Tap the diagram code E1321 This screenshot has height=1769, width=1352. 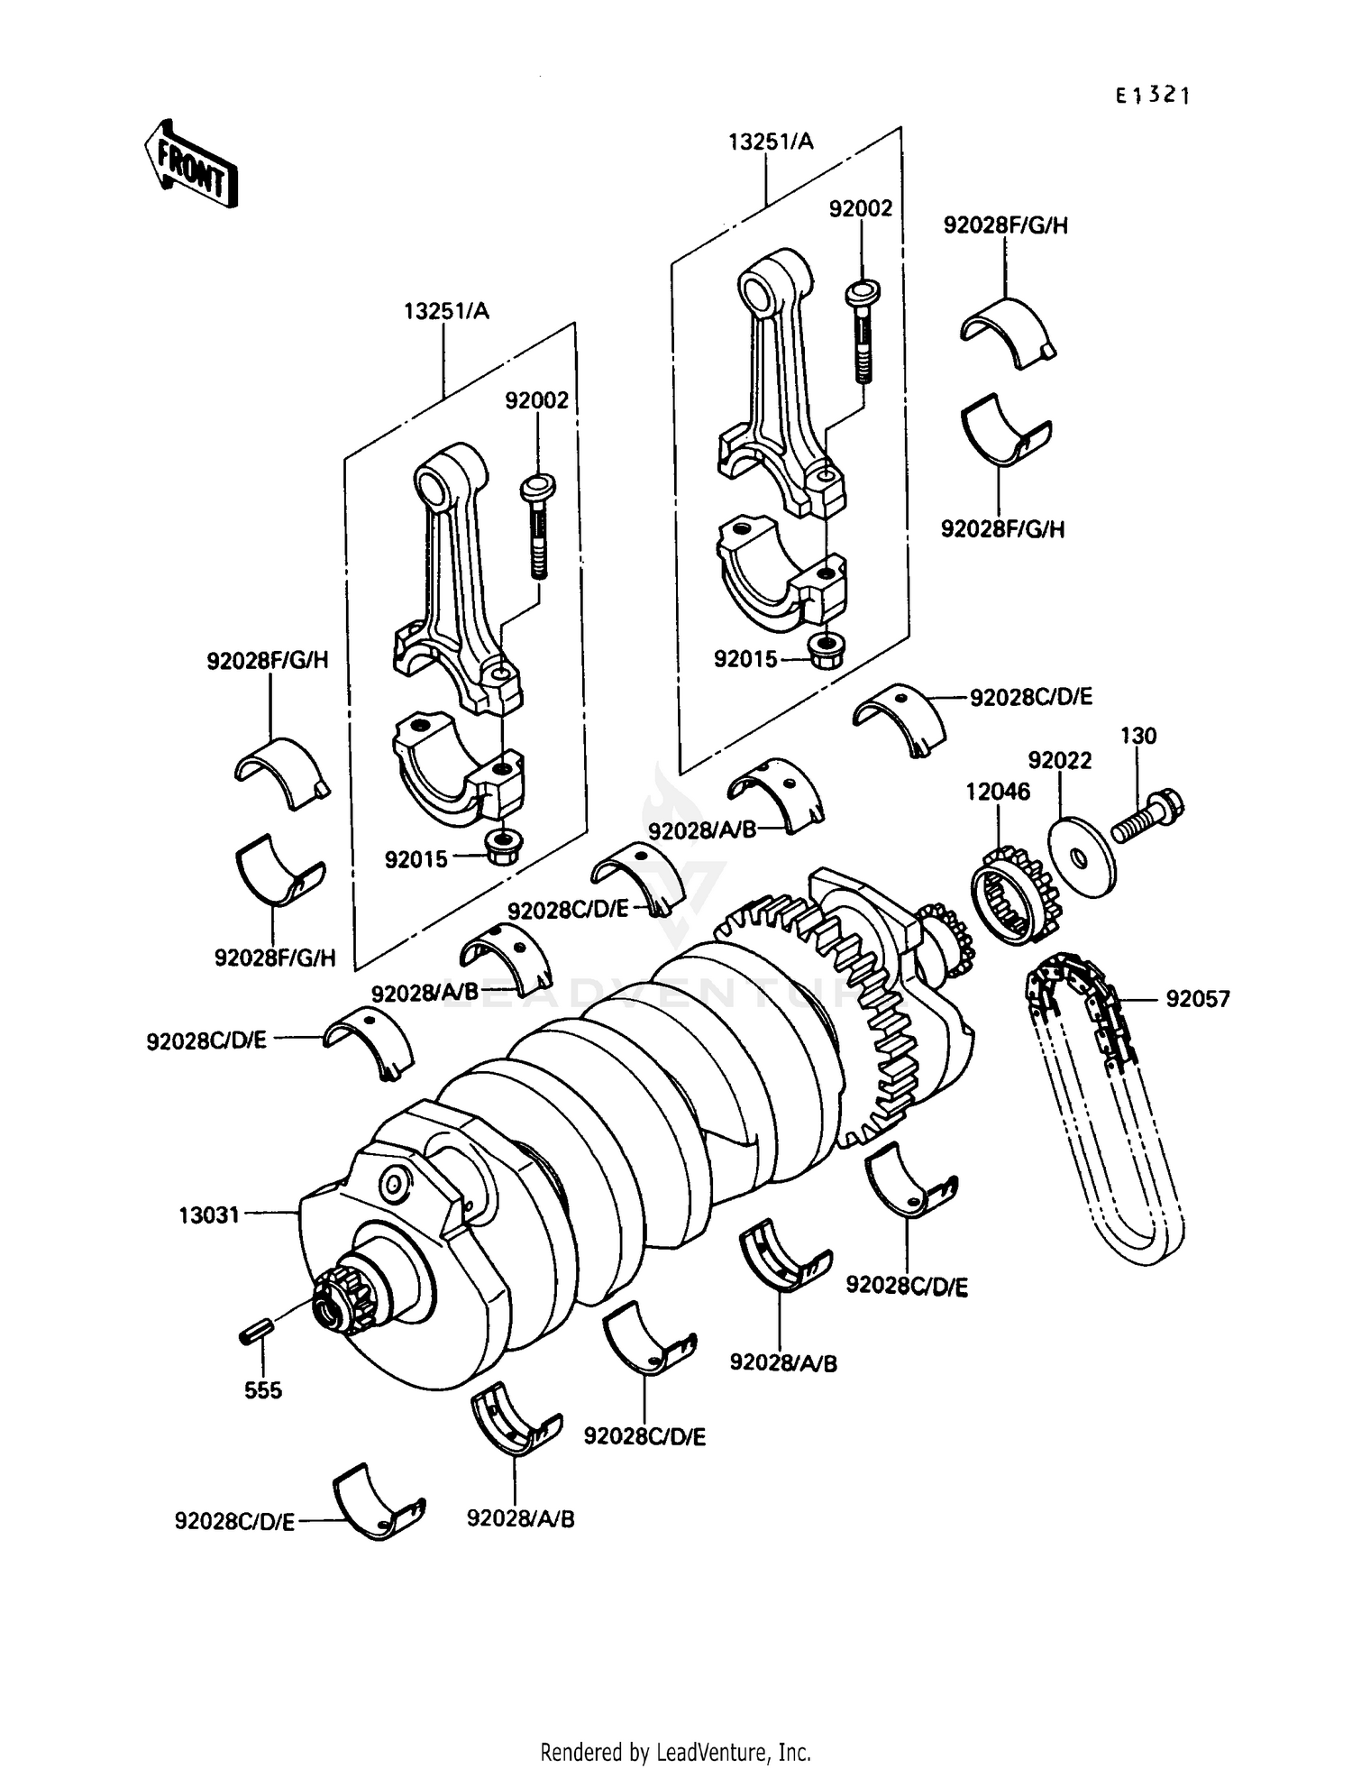coord(1152,96)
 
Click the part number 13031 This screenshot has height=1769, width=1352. coord(209,1214)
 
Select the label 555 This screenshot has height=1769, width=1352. coord(262,1389)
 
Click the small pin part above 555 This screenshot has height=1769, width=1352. coord(256,1332)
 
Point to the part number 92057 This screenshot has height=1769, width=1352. coord(1197,999)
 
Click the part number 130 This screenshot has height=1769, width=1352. coord(1137,736)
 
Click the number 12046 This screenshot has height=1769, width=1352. coord(997,791)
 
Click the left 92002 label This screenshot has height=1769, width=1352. coord(536,400)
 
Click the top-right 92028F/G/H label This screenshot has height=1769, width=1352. coord(1005,225)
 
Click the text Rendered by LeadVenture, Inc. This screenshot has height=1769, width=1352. coord(675,1752)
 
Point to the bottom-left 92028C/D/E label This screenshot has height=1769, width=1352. coord(234,1522)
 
